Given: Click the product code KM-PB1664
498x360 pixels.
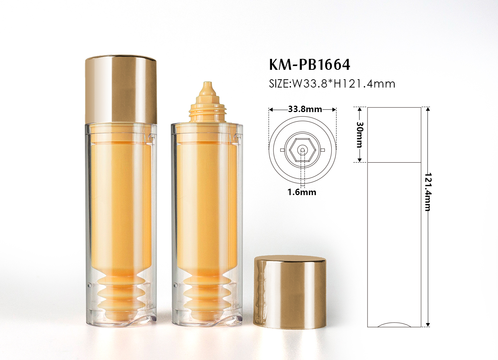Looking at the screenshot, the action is (x=309, y=65).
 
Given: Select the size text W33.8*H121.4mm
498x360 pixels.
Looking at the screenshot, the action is (x=343, y=84).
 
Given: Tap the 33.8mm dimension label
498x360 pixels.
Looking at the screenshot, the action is (x=305, y=109).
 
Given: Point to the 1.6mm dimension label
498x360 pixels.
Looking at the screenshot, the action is (x=302, y=192).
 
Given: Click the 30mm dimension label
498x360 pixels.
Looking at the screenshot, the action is (x=359, y=134).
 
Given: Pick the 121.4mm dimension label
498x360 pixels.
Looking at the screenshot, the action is (x=427, y=192).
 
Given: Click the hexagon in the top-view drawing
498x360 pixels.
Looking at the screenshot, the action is (x=302, y=150).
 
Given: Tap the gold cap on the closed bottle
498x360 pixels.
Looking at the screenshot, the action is (x=121, y=90).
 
